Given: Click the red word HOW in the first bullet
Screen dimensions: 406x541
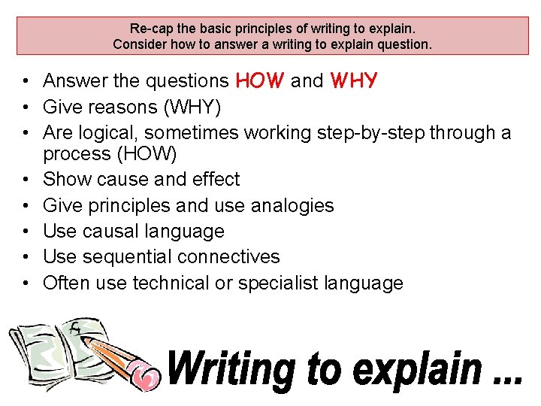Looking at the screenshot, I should pos(260,80).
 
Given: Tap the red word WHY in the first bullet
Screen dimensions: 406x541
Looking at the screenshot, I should pos(353,80).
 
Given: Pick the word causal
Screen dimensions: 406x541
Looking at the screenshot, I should pos(111,231).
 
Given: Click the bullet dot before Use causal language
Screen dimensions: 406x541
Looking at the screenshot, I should pos(26,232).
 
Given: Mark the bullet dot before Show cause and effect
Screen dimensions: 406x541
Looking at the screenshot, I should pos(26,180).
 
